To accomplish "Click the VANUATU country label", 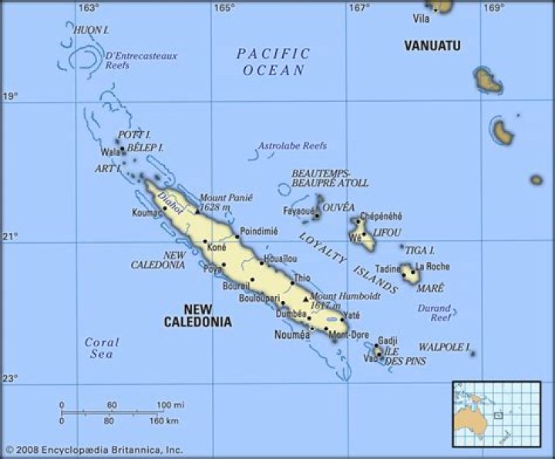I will (432, 46).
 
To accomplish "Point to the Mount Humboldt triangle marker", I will (305, 299).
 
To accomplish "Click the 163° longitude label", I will (89, 8).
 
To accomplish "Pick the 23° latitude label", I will (9, 378).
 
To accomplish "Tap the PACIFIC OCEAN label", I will (273, 62).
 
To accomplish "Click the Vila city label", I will (421, 18).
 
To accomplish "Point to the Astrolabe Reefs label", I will (292, 146).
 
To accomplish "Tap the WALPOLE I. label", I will (444, 348).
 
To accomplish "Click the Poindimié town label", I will (258, 231).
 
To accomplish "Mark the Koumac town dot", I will (164, 208).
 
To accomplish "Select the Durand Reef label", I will (435, 312).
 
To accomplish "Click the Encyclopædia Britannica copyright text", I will (93, 449).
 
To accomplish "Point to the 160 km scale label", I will (163, 421).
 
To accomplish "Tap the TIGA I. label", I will (420, 250).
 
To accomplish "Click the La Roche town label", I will (432, 267).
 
